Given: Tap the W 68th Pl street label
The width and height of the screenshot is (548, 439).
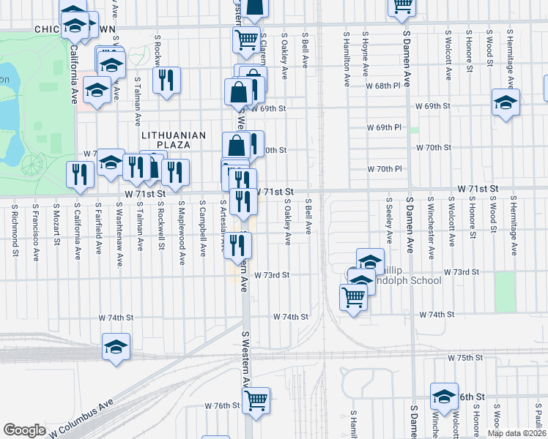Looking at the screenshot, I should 384,86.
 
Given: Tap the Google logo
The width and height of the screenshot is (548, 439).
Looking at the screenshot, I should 24,430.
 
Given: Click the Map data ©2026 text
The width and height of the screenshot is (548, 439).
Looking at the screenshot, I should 517,433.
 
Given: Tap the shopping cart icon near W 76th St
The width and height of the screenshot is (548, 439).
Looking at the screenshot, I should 256,399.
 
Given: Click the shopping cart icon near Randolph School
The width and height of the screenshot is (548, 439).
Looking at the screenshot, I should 354,297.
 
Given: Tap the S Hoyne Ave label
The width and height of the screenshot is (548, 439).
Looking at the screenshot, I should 364,53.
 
